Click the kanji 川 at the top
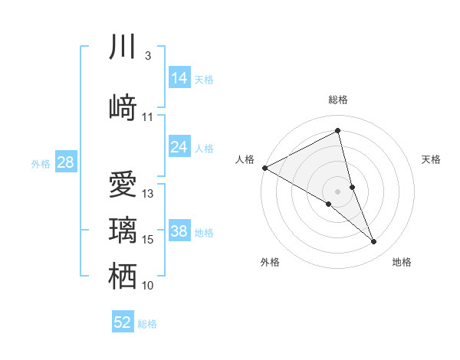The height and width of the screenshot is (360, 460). [123, 47]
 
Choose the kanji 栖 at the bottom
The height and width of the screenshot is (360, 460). [123, 276]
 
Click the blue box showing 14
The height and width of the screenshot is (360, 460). [179, 78]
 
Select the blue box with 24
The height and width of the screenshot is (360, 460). [179, 147]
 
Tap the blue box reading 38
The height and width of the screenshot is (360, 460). [179, 231]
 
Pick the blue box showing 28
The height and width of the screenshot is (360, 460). [65, 162]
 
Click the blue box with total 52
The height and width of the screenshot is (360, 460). [123, 322]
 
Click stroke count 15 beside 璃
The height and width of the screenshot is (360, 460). [148, 240]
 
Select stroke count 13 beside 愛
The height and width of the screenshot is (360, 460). [148, 194]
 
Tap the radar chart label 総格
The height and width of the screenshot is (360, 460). [338, 100]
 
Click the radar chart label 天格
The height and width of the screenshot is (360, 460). [431, 159]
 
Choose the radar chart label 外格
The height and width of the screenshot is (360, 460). [270, 262]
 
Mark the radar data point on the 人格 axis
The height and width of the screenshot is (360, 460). [264, 168]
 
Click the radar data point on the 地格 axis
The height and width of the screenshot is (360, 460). [374, 242]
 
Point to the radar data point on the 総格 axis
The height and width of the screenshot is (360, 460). [338, 131]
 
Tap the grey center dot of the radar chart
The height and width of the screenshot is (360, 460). [338, 191]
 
